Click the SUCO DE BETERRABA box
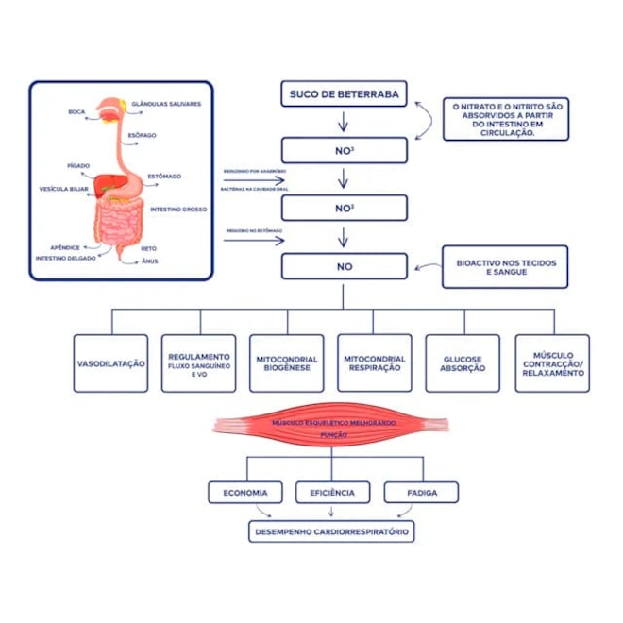click(x=344, y=93)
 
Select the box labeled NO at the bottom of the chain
click(x=344, y=266)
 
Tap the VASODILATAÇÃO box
click(x=111, y=362)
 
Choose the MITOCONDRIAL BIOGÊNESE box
click(x=287, y=362)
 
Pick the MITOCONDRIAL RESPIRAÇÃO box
click(x=375, y=362)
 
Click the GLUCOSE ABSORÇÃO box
click(x=463, y=362)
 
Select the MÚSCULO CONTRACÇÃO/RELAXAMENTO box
click(x=552, y=362)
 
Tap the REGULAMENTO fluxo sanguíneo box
click(x=199, y=362)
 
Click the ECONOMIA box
click(x=245, y=492)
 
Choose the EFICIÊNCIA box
click(x=331, y=492)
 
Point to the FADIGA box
click(x=421, y=492)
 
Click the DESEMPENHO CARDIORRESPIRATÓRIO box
click(x=331, y=532)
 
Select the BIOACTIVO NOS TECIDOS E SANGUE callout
click(x=505, y=266)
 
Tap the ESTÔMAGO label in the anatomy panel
click(x=164, y=177)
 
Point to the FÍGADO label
click(x=78, y=165)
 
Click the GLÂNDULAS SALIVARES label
click(x=166, y=104)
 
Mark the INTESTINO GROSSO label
click(x=178, y=209)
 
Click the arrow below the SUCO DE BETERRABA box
click(x=344, y=122)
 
